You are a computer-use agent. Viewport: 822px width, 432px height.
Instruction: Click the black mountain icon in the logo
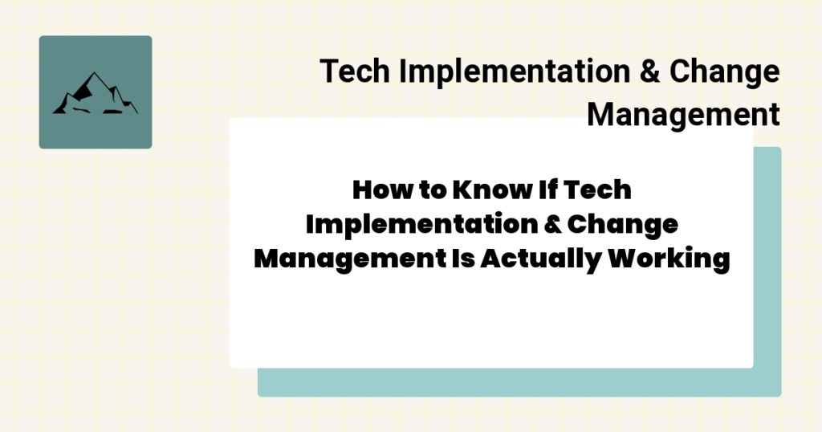click(95, 94)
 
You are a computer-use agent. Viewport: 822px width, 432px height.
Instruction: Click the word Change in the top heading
click(725, 71)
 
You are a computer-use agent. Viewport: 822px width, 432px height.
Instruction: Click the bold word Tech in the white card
click(599, 191)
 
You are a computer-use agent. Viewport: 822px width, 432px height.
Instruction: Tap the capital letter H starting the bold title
click(363, 191)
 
